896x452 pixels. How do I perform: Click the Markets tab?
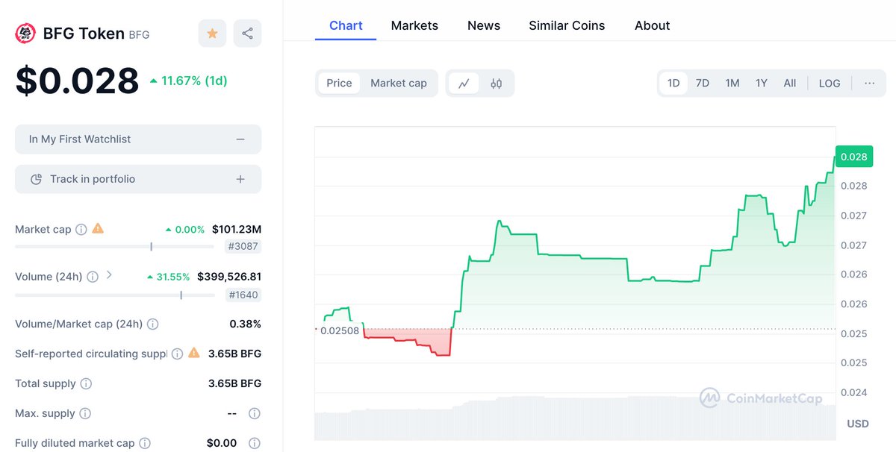pyautogui.click(x=414, y=25)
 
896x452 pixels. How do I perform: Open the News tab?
pyautogui.click(x=484, y=25)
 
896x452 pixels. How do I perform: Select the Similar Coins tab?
pyautogui.click(x=567, y=25)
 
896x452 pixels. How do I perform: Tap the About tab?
pyautogui.click(x=652, y=25)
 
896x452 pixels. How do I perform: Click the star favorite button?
pyautogui.click(x=212, y=34)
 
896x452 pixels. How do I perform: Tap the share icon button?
pyautogui.click(x=247, y=34)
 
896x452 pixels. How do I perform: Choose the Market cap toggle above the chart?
pyautogui.click(x=399, y=83)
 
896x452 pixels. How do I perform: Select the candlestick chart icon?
pyautogui.click(x=497, y=84)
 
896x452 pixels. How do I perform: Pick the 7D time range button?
pyautogui.click(x=702, y=83)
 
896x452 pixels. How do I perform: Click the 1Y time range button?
pyautogui.click(x=761, y=83)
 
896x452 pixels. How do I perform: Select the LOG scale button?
pyautogui.click(x=830, y=84)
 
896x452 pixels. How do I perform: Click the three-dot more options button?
pyautogui.click(x=869, y=83)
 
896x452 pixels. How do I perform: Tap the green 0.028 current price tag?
pyautogui.click(x=853, y=157)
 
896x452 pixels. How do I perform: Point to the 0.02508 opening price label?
pyautogui.click(x=339, y=330)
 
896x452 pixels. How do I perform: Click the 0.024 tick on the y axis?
pyautogui.click(x=853, y=392)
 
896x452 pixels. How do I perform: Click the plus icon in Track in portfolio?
pyautogui.click(x=240, y=179)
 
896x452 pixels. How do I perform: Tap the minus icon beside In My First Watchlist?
pyautogui.click(x=240, y=139)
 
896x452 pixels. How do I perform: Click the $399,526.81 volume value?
pyautogui.click(x=229, y=277)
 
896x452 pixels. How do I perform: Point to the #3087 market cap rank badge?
pyautogui.click(x=243, y=247)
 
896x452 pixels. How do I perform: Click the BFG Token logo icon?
pyautogui.click(x=26, y=34)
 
